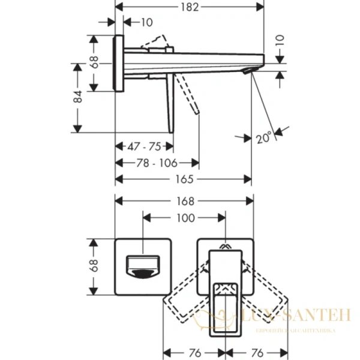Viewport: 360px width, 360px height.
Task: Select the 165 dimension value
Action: point(184,179)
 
